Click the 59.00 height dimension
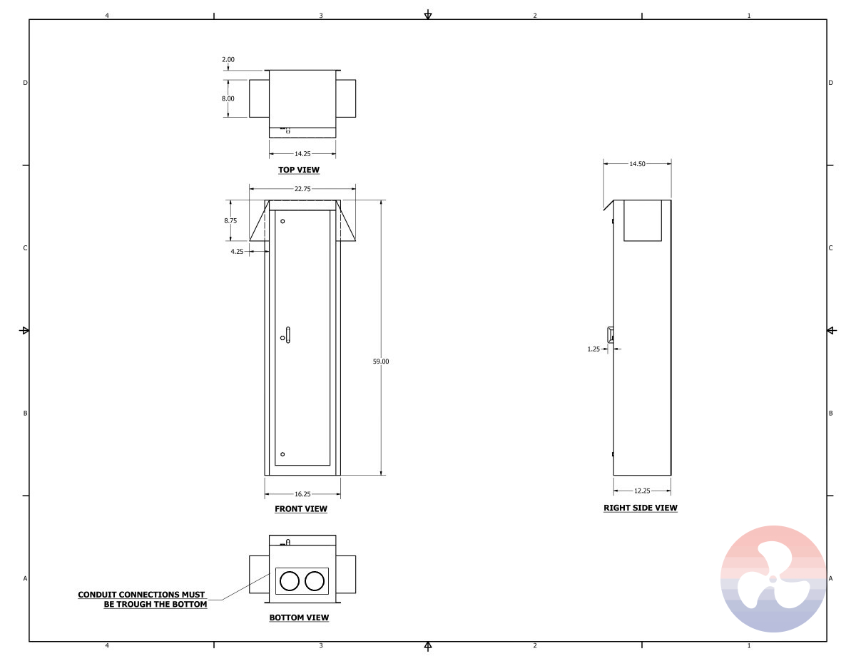[381, 362]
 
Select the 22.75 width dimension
[302, 189]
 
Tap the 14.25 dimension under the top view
[302, 153]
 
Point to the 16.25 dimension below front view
[302, 494]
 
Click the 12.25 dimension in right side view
[642, 491]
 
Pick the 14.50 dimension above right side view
[637, 164]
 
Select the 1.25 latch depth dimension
[593, 349]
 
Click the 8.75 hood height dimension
[230, 221]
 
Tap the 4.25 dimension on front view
[237, 252]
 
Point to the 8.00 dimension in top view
[228, 98]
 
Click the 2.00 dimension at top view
[228, 60]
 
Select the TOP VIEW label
[299, 170]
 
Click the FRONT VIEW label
[301, 509]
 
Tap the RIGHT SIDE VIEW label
[641, 508]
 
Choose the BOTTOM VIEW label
[299, 618]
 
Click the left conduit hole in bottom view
[289, 582]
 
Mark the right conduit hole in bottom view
[314, 582]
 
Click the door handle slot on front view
[288, 334]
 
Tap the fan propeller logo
[773, 578]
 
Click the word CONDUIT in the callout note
[97, 595]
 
